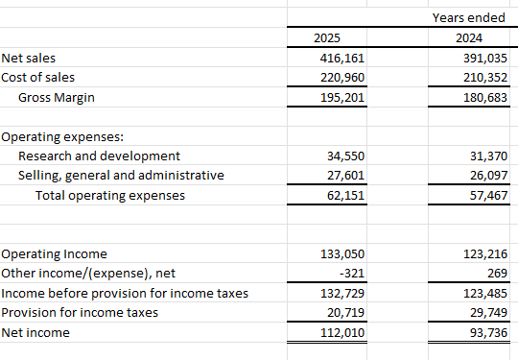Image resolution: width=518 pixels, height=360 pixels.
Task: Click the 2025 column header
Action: pos(326,38)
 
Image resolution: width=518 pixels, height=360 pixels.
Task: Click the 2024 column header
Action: pos(470,38)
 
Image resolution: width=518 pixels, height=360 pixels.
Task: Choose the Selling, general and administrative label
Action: pos(121,175)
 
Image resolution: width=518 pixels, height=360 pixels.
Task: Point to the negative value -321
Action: pos(354,273)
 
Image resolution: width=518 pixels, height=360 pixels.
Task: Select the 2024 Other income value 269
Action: pos(497,273)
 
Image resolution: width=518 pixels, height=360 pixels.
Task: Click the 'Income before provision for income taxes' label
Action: pos(125,292)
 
